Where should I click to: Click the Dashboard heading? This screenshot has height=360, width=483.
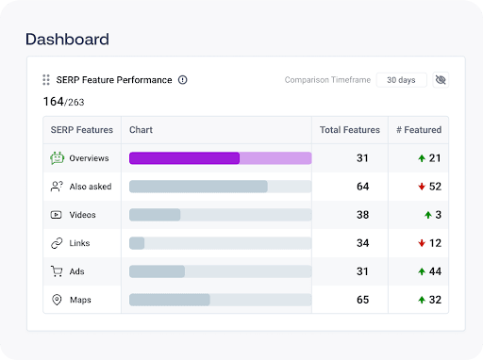click(67, 40)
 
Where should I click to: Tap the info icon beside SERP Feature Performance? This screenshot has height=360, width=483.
click(183, 80)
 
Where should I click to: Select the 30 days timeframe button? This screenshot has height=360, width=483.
click(401, 80)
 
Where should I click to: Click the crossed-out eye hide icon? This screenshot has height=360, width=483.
click(441, 80)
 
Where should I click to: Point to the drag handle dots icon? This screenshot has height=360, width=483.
click(46, 80)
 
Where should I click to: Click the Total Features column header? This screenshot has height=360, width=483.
click(350, 130)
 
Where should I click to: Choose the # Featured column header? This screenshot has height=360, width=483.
click(419, 130)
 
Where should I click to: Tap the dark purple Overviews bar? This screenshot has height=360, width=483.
click(184, 158)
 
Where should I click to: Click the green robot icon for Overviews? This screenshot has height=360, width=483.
click(58, 157)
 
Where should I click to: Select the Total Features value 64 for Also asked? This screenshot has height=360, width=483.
click(362, 187)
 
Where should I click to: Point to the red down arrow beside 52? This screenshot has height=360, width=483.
click(422, 187)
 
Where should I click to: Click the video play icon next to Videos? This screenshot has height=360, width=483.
click(57, 215)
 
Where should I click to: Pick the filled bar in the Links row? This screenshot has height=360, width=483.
click(137, 243)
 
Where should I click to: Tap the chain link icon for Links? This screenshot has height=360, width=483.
click(57, 243)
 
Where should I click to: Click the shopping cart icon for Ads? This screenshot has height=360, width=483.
click(57, 271)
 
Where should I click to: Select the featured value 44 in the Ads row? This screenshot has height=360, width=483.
click(435, 271)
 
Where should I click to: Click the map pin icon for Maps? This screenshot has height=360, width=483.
click(57, 300)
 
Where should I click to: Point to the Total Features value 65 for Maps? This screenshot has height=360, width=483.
click(362, 300)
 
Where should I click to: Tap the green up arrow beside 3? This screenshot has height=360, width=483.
click(428, 215)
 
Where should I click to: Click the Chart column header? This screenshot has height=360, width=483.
click(141, 130)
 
